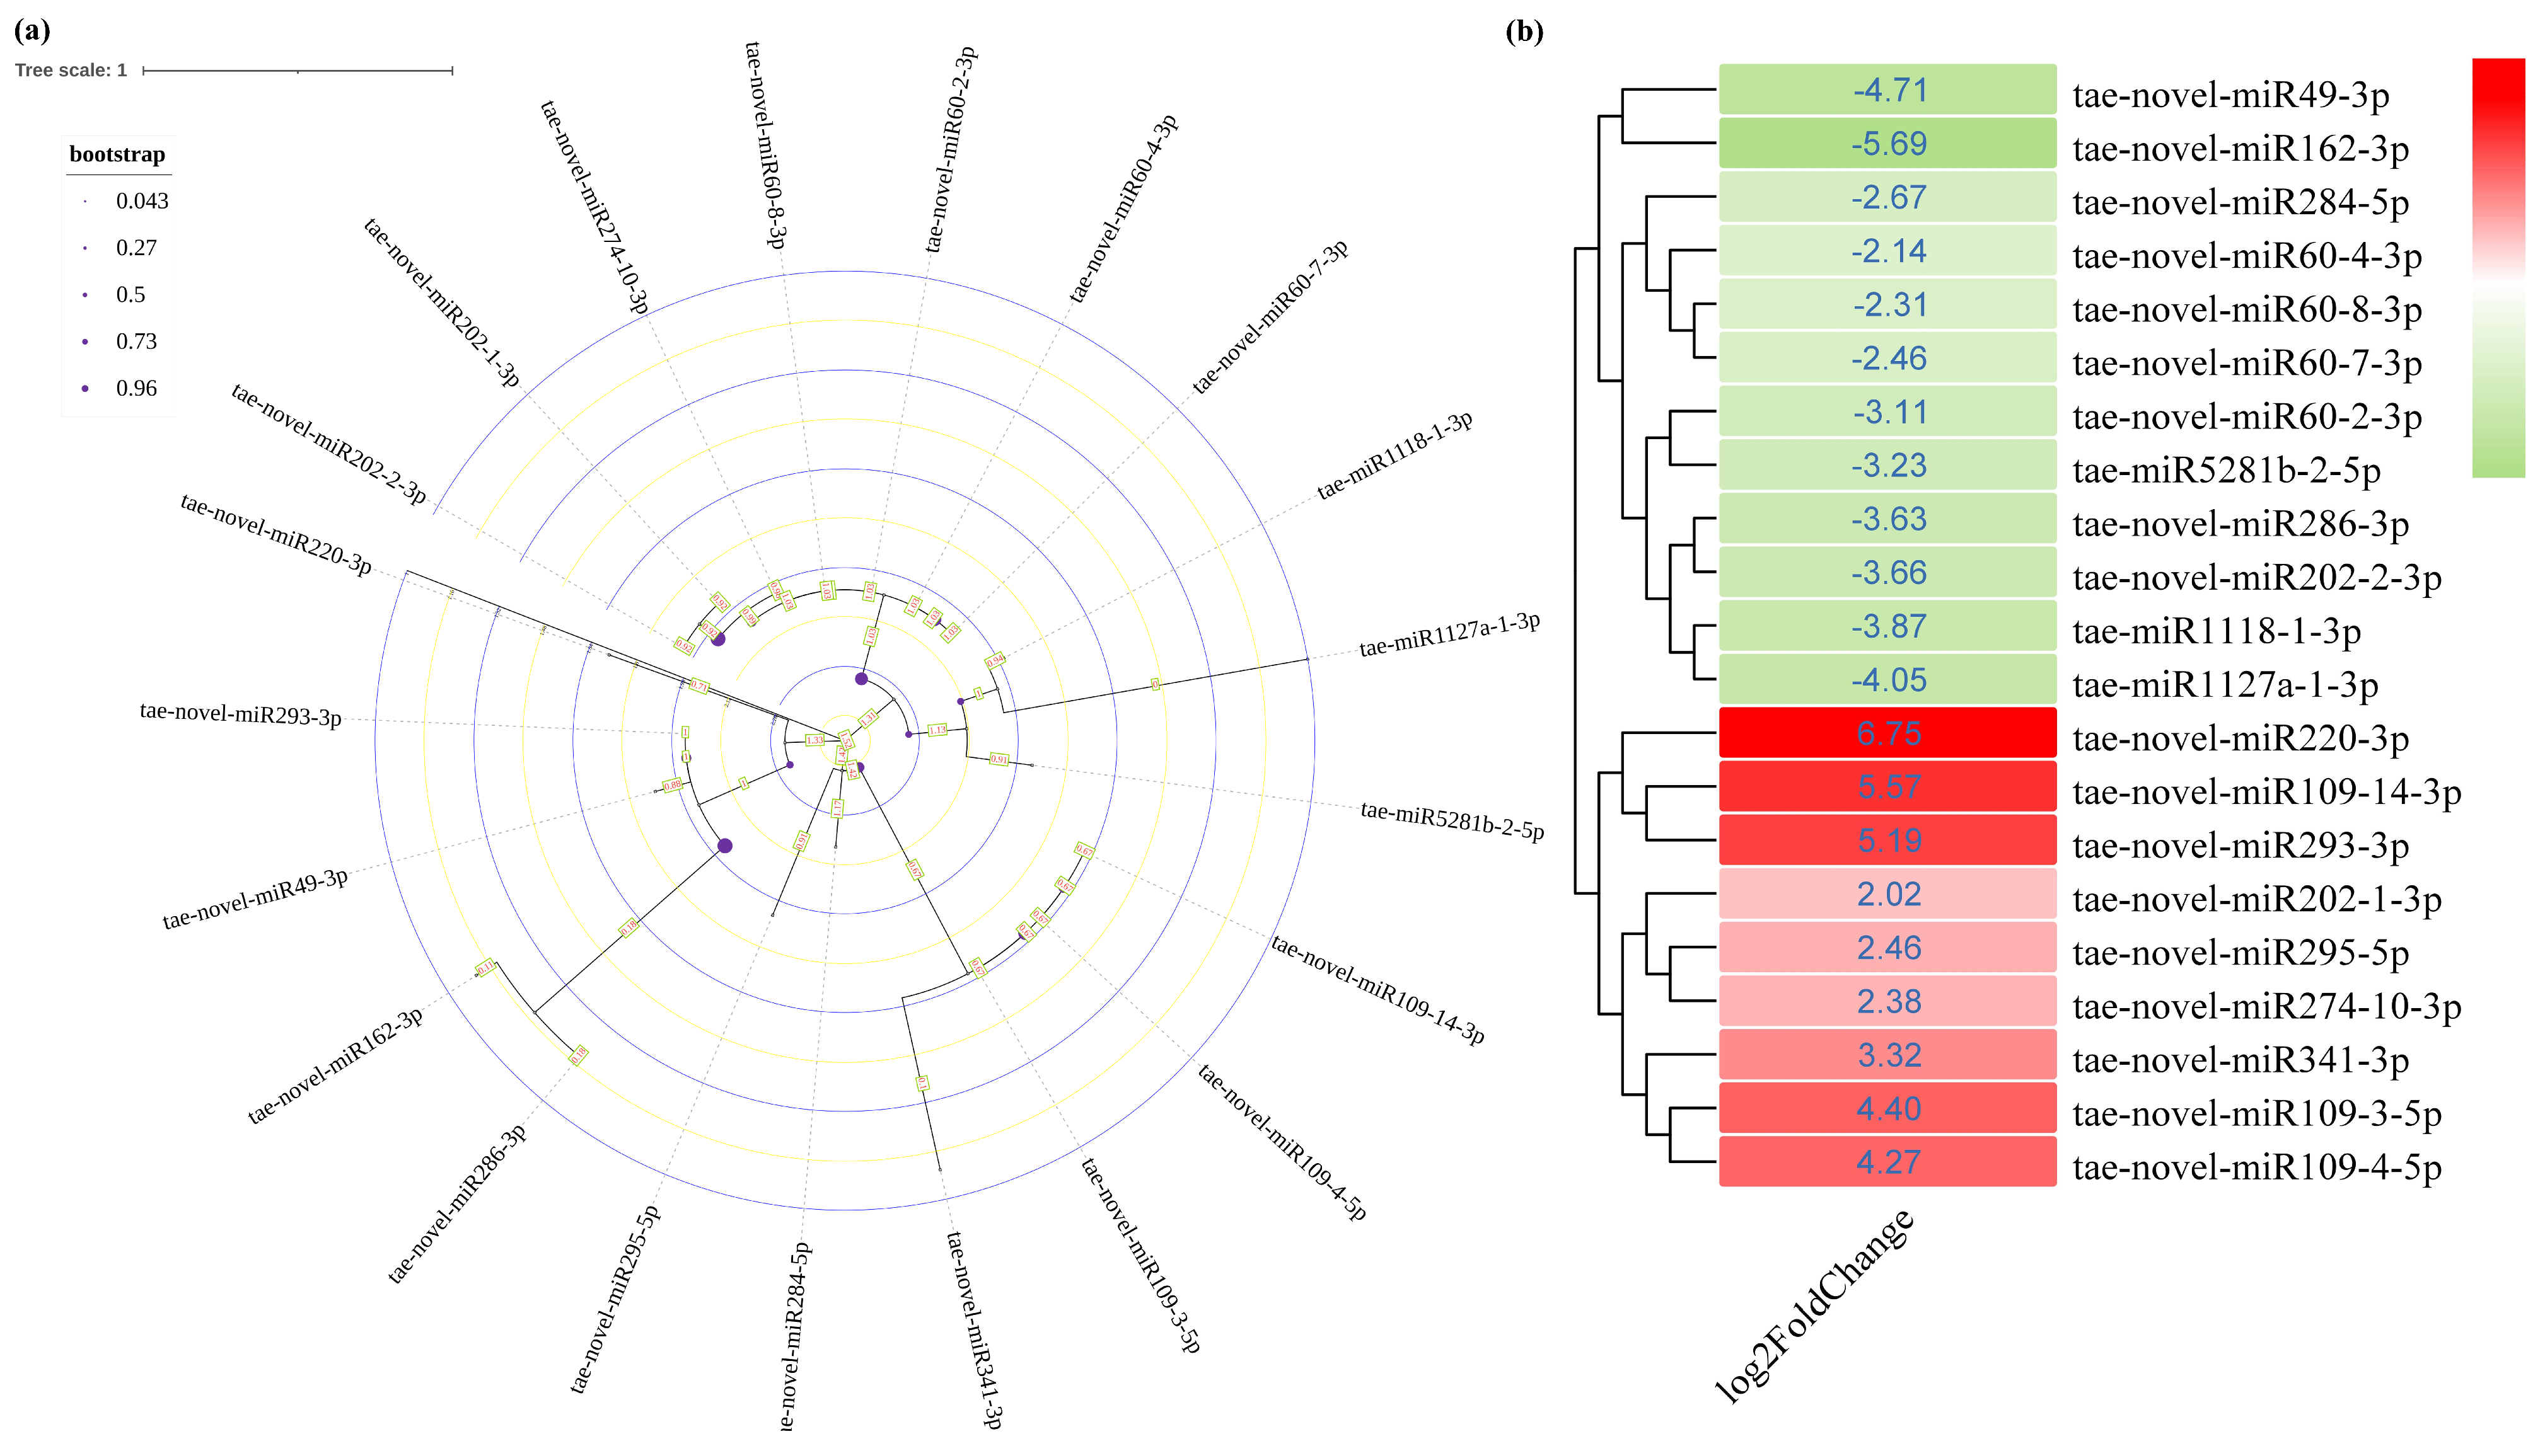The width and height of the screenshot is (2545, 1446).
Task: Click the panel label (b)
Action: click(1524, 32)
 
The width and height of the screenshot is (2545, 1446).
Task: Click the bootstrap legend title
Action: click(117, 154)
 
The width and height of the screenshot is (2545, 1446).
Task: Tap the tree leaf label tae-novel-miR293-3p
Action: click(240, 714)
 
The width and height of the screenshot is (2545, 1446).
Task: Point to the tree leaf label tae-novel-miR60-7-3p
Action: click(1270, 316)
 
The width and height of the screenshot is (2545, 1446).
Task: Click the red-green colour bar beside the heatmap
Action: click(2497, 268)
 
